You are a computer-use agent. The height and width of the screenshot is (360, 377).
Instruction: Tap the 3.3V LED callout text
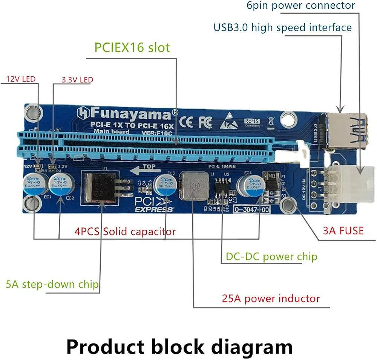pos(77,80)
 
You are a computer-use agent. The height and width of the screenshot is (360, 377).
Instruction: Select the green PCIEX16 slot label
pos(132,47)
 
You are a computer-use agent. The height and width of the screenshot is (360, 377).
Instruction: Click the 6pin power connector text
pos(301,6)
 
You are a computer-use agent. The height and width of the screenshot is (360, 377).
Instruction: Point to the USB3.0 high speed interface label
pos(282,27)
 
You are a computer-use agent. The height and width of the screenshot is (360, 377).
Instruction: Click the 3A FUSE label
pos(343,230)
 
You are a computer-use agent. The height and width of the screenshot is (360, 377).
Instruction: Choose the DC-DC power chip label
pos(271,257)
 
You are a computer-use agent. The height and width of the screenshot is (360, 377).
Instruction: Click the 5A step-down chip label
pos(52,284)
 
